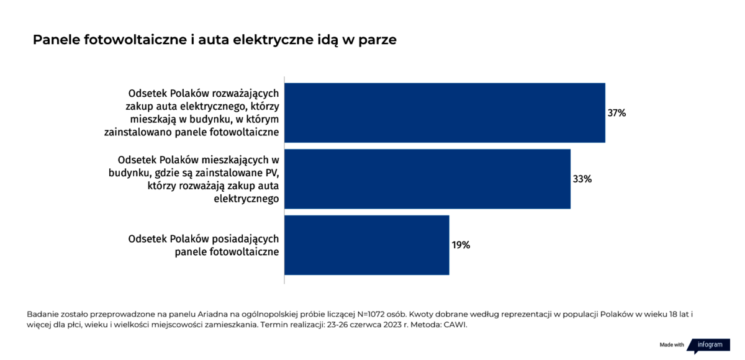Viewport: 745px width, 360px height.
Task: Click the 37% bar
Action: tap(445, 113)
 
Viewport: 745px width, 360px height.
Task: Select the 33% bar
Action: tap(427, 179)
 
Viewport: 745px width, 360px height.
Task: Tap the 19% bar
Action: tap(367, 245)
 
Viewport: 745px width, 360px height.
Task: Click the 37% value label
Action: tap(616, 113)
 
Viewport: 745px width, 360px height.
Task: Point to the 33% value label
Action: tap(582, 179)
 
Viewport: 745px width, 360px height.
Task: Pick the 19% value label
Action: tap(461, 245)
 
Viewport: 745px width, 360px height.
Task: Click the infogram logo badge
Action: tap(709, 346)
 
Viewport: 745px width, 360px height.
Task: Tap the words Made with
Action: tap(672, 344)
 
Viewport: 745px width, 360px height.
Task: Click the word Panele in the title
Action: tap(56, 40)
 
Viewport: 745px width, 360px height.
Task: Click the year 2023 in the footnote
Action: tap(392, 325)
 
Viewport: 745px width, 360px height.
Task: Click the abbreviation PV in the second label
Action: tap(273, 173)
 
